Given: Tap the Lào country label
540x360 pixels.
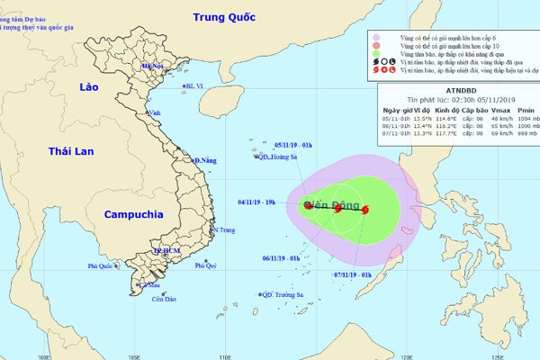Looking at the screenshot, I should pyautogui.click(x=87, y=87).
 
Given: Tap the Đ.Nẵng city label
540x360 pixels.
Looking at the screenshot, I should pyautogui.click(x=205, y=160).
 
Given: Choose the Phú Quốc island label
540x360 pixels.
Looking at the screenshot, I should pyautogui.click(x=103, y=266).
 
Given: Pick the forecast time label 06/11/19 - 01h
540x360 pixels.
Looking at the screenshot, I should pyautogui.click(x=281, y=257).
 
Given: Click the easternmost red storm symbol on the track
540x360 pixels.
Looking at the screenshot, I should pyautogui.click(x=365, y=211).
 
